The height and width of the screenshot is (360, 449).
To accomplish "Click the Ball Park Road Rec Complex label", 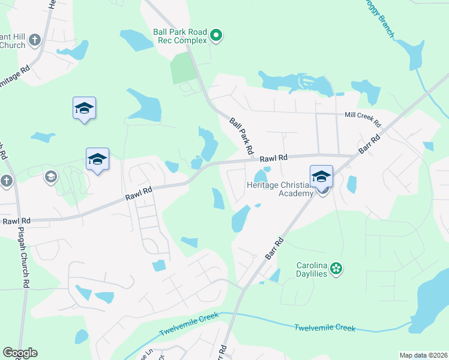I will [180, 36].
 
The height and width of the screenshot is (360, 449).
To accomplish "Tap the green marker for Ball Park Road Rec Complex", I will [217, 37].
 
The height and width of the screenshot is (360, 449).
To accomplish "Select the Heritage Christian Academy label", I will [280, 189].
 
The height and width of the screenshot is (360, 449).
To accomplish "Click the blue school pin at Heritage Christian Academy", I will [321, 177].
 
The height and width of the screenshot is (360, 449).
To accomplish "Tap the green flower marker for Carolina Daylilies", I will [336, 268].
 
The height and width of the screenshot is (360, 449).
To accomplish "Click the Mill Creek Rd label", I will [363, 119].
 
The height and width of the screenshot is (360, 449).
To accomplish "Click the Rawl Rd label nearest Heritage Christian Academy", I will [274, 158].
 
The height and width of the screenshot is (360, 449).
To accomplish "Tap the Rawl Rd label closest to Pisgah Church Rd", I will [16, 221].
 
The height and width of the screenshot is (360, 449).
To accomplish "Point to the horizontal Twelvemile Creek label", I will [325, 328].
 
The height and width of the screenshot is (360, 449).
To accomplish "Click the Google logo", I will [20, 353].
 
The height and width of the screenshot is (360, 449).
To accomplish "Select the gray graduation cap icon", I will [51, 176].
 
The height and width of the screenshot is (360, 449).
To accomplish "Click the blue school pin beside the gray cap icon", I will [97, 160].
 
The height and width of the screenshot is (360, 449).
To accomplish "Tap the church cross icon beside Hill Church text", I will [34, 40].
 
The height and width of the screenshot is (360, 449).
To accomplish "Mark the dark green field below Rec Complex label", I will [183, 68].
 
